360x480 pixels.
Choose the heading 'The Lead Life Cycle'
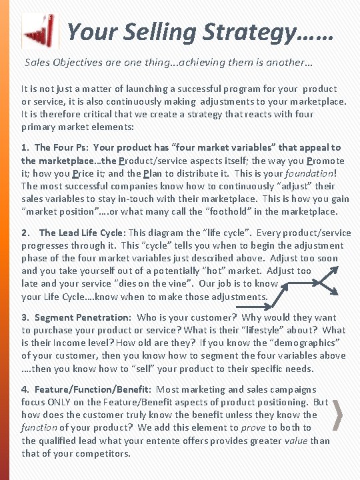click(82, 233)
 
